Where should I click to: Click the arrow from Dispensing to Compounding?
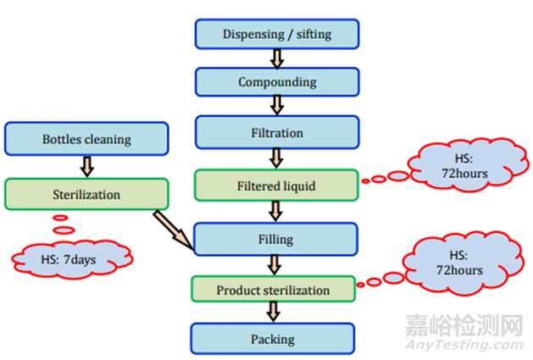pyautogui.click(x=275, y=58)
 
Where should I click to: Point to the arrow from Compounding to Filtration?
pyautogui.click(x=275, y=107)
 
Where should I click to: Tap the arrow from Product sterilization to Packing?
pyautogui.click(x=273, y=313)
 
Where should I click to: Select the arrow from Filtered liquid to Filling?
pyautogui.click(x=275, y=211)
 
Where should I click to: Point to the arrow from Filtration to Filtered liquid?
pyautogui.click(x=275, y=158)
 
